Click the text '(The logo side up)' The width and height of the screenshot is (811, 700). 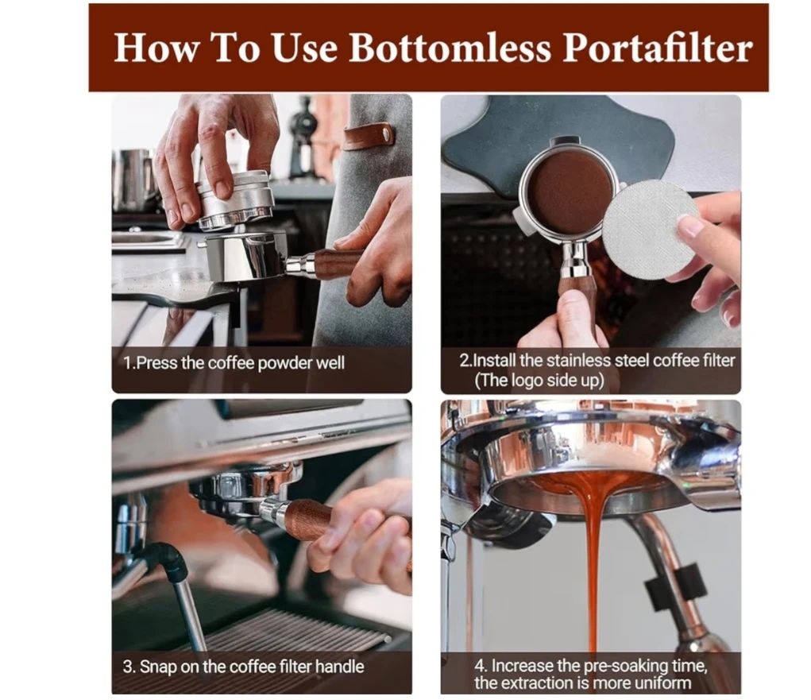point(539,381)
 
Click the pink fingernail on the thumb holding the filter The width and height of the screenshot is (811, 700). point(689,226)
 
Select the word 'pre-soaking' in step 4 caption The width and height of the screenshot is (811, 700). point(626,665)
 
